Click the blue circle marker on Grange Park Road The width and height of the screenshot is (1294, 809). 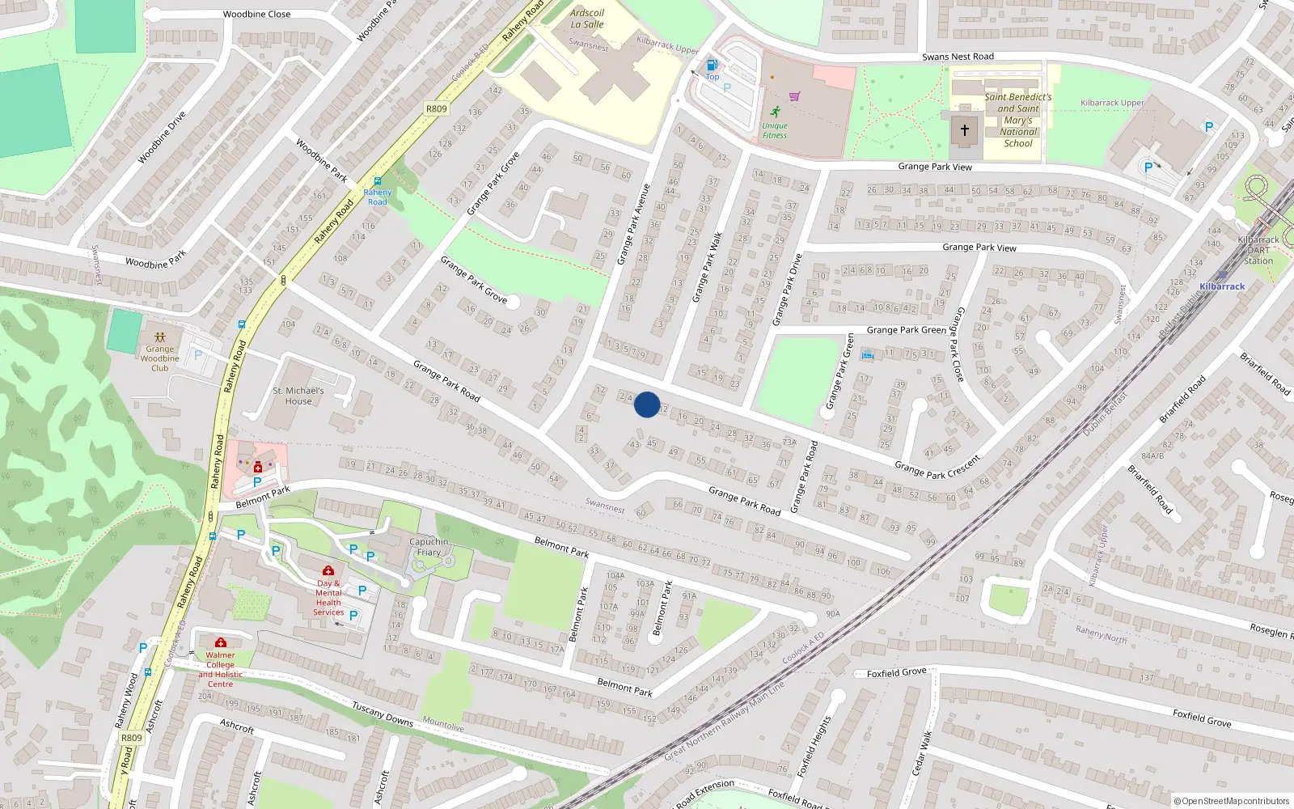(x=647, y=404)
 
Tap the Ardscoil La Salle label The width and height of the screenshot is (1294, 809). (x=587, y=19)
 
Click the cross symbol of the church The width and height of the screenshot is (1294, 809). (x=964, y=129)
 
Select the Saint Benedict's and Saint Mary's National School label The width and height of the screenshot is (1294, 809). (x=1017, y=120)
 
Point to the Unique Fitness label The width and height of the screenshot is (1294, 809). (x=774, y=130)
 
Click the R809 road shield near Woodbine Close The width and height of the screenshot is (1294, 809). (x=436, y=108)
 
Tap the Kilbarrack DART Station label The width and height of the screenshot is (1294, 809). (x=1258, y=250)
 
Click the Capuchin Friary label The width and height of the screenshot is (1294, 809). (x=429, y=547)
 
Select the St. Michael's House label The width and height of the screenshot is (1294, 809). (x=298, y=396)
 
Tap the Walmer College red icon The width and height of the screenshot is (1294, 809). (x=220, y=642)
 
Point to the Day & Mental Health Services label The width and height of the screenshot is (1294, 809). (x=328, y=598)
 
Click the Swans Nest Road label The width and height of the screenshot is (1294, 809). (x=958, y=57)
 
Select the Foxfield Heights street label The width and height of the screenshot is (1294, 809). (x=814, y=747)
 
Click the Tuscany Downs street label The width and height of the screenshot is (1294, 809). (x=383, y=714)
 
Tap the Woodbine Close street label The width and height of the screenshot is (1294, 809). (x=256, y=15)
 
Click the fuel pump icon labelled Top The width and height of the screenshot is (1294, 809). (x=712, y=65)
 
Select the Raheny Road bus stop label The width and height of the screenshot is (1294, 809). (x=377, y=197)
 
